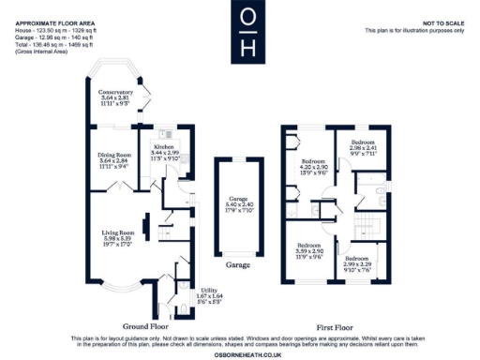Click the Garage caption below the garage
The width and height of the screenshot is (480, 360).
click(x=238, y=266)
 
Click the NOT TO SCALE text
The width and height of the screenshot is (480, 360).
click(x=444, y=22)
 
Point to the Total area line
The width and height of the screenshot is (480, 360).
click(x=54, y=44)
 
